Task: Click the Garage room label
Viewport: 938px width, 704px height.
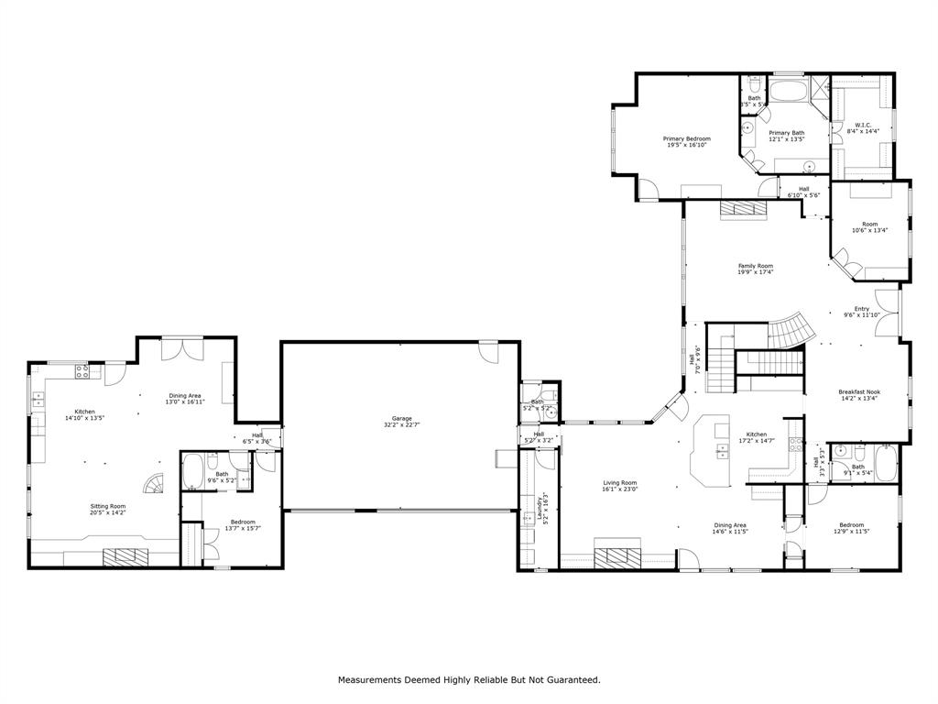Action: click(x=397, y=419)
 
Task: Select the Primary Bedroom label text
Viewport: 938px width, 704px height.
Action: click(x=686, y=138)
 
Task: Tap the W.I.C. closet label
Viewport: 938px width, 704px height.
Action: click(x=862, y=125)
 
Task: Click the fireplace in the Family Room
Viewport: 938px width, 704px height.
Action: click(x=742, y=208)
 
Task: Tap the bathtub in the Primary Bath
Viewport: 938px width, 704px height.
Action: click(x=787, y=92)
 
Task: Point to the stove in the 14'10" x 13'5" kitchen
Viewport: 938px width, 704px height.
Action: click(x=82, y=371)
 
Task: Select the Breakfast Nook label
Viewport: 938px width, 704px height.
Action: click(x=861, y=391)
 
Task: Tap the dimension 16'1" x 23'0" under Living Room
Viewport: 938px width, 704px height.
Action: click(x=619, y=489)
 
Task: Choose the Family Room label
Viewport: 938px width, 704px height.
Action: click(x=756, y=266)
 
